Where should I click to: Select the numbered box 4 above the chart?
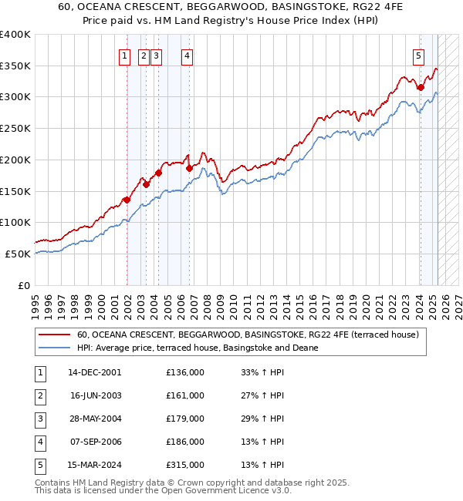pyautogui.click(x=188, y=55)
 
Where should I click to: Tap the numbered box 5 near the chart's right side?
pyautogui.click(x=417, y=55)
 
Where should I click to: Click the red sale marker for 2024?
pyautogui.click(x=421, y=88)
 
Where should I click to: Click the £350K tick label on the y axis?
pyautogui.click(x=15, y=66)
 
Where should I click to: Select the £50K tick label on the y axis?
pyautogui.click(x=18, y=254)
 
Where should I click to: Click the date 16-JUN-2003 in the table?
pyautogui.click(x=94, y=395)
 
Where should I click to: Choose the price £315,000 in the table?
pyautogui.click(x=184, y=465)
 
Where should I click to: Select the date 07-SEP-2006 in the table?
pyautogui.click(x=94, y=442)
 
